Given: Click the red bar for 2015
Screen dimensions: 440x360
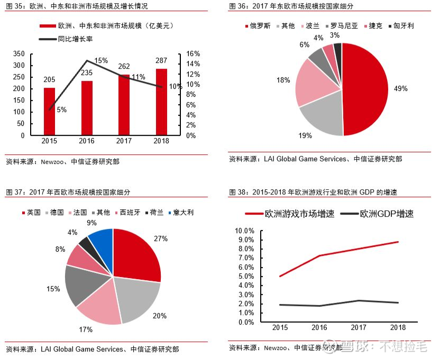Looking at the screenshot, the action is click(x=49, y=112).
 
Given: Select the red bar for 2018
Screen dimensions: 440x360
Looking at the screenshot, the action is click(x=161, y=102).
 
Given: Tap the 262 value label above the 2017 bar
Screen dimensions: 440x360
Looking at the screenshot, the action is click(x=124, y=66).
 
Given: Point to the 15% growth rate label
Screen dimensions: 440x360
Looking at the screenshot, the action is click(x=101, y=60).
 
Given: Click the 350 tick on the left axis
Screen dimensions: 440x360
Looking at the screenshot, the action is click(x=19, y=53).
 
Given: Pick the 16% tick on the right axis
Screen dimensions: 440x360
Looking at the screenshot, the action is click(x=193, y=53).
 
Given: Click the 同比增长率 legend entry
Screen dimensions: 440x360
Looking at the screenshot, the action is click(x=66, y=39).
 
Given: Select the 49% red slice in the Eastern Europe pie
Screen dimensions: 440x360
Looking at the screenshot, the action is click(x=365, y=89).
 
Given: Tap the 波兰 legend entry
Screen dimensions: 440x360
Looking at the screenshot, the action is click(x=310, y=26).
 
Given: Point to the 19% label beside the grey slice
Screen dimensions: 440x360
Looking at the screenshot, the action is click(x=305, y=135).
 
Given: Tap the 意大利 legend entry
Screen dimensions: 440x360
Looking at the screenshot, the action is click(x=181, y=213).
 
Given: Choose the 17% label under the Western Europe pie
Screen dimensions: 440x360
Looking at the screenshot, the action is click(x=86, y=329).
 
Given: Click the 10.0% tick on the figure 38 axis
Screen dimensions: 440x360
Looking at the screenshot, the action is click(x=244, y=230).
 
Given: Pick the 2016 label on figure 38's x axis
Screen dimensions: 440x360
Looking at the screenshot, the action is click(x=319, y=327).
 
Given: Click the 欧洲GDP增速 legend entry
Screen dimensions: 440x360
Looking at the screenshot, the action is click(x=377, y=214).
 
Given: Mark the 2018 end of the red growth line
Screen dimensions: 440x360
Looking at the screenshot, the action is click(x=398, y=242).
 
